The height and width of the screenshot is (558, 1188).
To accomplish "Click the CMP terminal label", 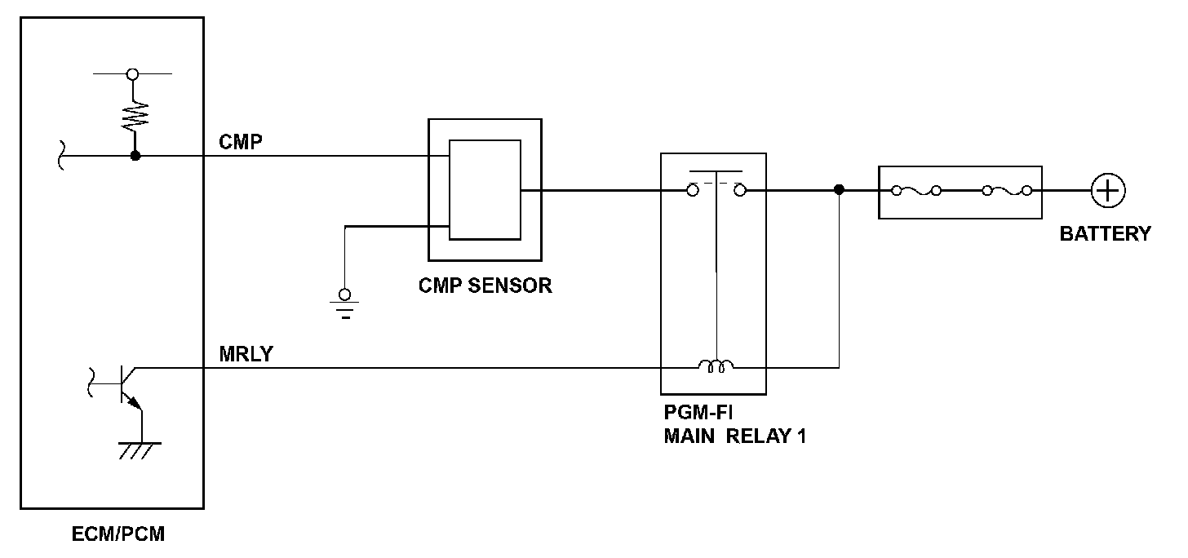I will coord(240,143).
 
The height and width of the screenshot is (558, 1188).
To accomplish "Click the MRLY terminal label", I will coord(246,355).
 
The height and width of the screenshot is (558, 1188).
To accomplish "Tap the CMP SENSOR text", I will coord(485,286).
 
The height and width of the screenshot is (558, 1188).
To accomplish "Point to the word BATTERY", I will coord(1105,234).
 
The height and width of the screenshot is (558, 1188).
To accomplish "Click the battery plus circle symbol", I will coord(1108,191).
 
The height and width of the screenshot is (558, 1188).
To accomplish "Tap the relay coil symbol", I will coord(716,366).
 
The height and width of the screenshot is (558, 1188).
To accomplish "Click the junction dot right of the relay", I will coord(839,190).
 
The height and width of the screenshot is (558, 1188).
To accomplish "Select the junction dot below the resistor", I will coord(135,155).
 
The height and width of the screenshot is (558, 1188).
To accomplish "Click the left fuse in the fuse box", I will coord(915,191).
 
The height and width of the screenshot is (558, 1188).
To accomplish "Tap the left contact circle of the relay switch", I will coord(692,191).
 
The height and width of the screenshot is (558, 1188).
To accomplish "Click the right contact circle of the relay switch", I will coord(739,191).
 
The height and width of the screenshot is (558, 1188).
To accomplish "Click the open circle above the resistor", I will coord(133,73).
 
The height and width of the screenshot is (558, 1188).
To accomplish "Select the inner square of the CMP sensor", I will coord(485,190).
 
